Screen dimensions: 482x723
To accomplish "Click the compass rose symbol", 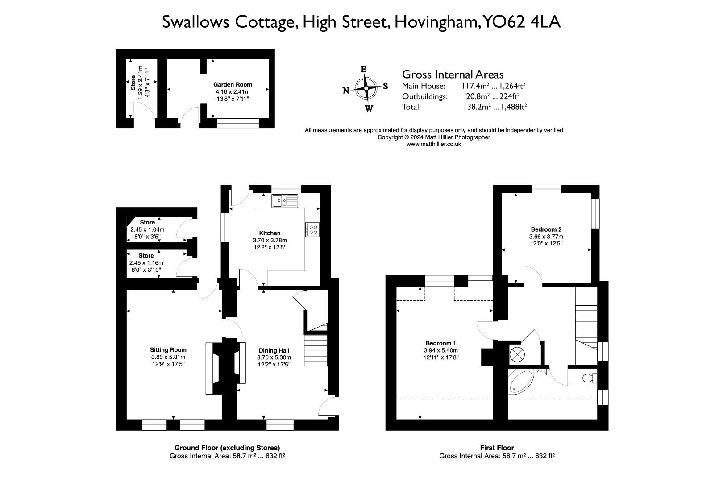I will (366, 88).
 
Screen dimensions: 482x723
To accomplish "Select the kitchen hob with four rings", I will (313, 230).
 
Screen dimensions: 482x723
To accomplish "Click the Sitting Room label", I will (168, 350).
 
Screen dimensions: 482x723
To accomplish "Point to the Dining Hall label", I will (274, 350).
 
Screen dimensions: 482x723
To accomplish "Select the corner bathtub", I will (519, 382).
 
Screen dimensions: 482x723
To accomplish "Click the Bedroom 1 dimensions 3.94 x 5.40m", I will (440, 350).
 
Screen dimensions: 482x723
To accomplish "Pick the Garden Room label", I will (233, 84).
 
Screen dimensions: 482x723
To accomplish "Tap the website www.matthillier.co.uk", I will (434, 144).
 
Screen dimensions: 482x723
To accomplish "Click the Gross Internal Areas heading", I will (453, 74).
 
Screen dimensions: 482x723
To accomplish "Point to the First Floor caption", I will (497, 448).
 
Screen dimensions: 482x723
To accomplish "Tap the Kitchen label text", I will (270, 233).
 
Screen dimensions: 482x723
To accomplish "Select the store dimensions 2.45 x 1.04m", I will (147, 229).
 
